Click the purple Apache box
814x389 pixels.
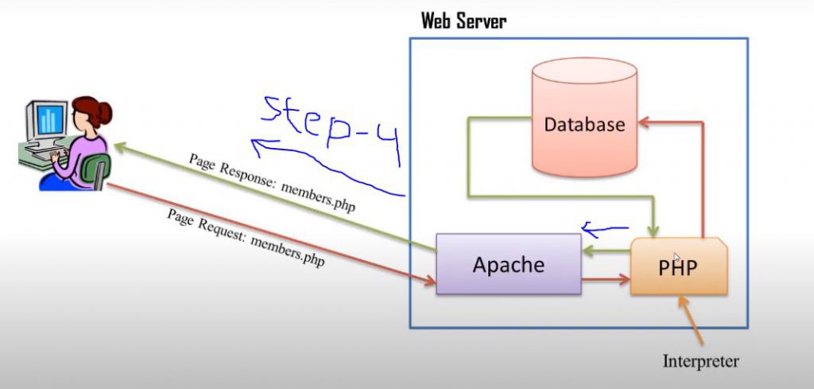508,264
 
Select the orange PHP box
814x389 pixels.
678,266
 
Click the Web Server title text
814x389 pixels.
463,21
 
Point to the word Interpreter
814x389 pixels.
700,361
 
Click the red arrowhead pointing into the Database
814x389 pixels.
645,123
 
